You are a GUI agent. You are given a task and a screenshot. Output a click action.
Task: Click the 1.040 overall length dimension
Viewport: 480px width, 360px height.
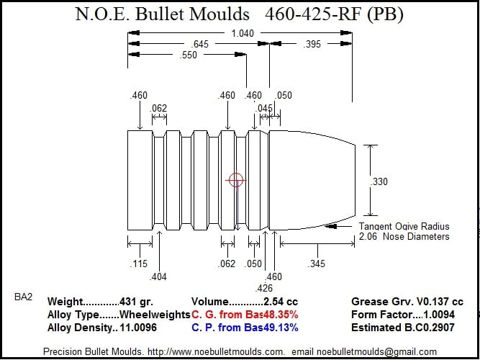pos(243,33)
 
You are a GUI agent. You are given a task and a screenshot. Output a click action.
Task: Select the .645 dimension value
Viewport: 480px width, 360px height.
pos(199,44)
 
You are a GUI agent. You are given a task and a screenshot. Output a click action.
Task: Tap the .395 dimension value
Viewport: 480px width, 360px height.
pos(312,44)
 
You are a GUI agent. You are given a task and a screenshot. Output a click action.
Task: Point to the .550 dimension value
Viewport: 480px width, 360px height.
pos(189,55)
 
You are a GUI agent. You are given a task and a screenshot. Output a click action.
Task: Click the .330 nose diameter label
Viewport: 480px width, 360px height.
pos(379,181)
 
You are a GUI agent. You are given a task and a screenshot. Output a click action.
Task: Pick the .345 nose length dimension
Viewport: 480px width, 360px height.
pos(317,264)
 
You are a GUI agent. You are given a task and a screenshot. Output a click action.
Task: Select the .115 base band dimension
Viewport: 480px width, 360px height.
pos(139,264)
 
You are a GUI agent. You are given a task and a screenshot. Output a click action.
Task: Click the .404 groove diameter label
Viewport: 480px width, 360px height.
pos(158,276)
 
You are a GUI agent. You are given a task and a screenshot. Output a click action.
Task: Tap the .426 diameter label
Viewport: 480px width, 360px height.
pos(263,288)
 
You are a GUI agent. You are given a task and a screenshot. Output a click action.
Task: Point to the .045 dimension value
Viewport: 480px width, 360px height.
pos(263,108)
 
